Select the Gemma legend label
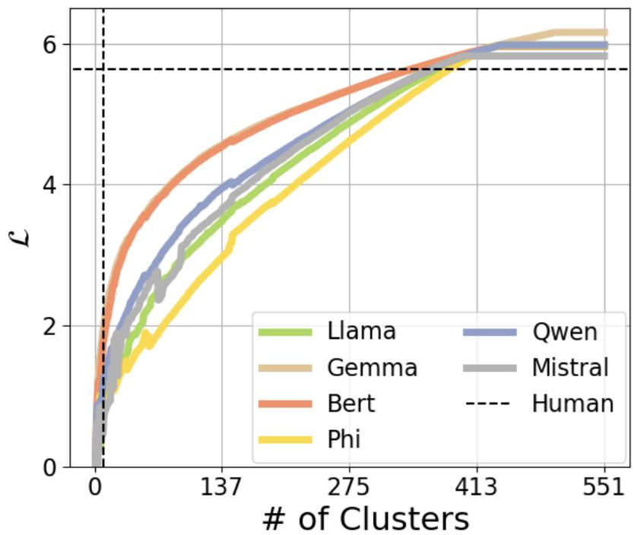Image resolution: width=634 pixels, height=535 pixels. click(x=372, y=368)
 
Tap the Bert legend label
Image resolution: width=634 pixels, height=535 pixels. click(x=350, y=403)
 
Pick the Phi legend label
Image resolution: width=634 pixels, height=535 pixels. click(x=344, y=438)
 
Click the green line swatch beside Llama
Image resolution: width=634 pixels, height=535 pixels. click(x=285, y=332)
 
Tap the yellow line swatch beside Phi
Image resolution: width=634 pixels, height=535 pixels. click(x=285, y=438)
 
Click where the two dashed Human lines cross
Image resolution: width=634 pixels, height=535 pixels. click(x=103, y=69)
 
